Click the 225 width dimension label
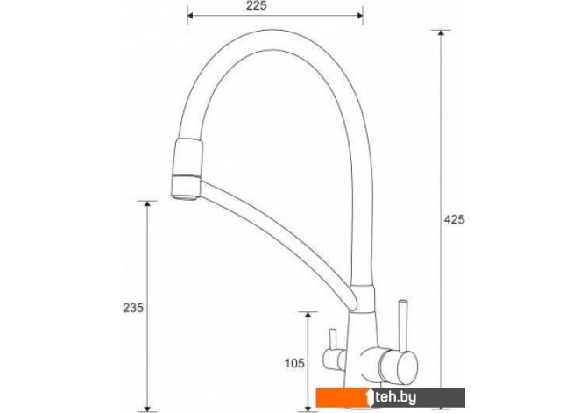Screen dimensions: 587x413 tap(257, 5)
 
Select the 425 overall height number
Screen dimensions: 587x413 tap(454, 219)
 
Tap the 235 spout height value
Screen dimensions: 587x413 tap(133, 308)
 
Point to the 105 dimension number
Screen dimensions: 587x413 tap(294, 363)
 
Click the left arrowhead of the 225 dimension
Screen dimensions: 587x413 tap(190, 16)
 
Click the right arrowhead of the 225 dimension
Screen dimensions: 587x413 tap(360, 16)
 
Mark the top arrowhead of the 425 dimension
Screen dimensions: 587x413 tap(441, 32)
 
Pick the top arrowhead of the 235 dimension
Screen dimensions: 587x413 tap(147, 204)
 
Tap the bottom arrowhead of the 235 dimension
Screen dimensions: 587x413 tap(147, 408)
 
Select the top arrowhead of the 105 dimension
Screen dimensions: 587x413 tap(308, 315)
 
